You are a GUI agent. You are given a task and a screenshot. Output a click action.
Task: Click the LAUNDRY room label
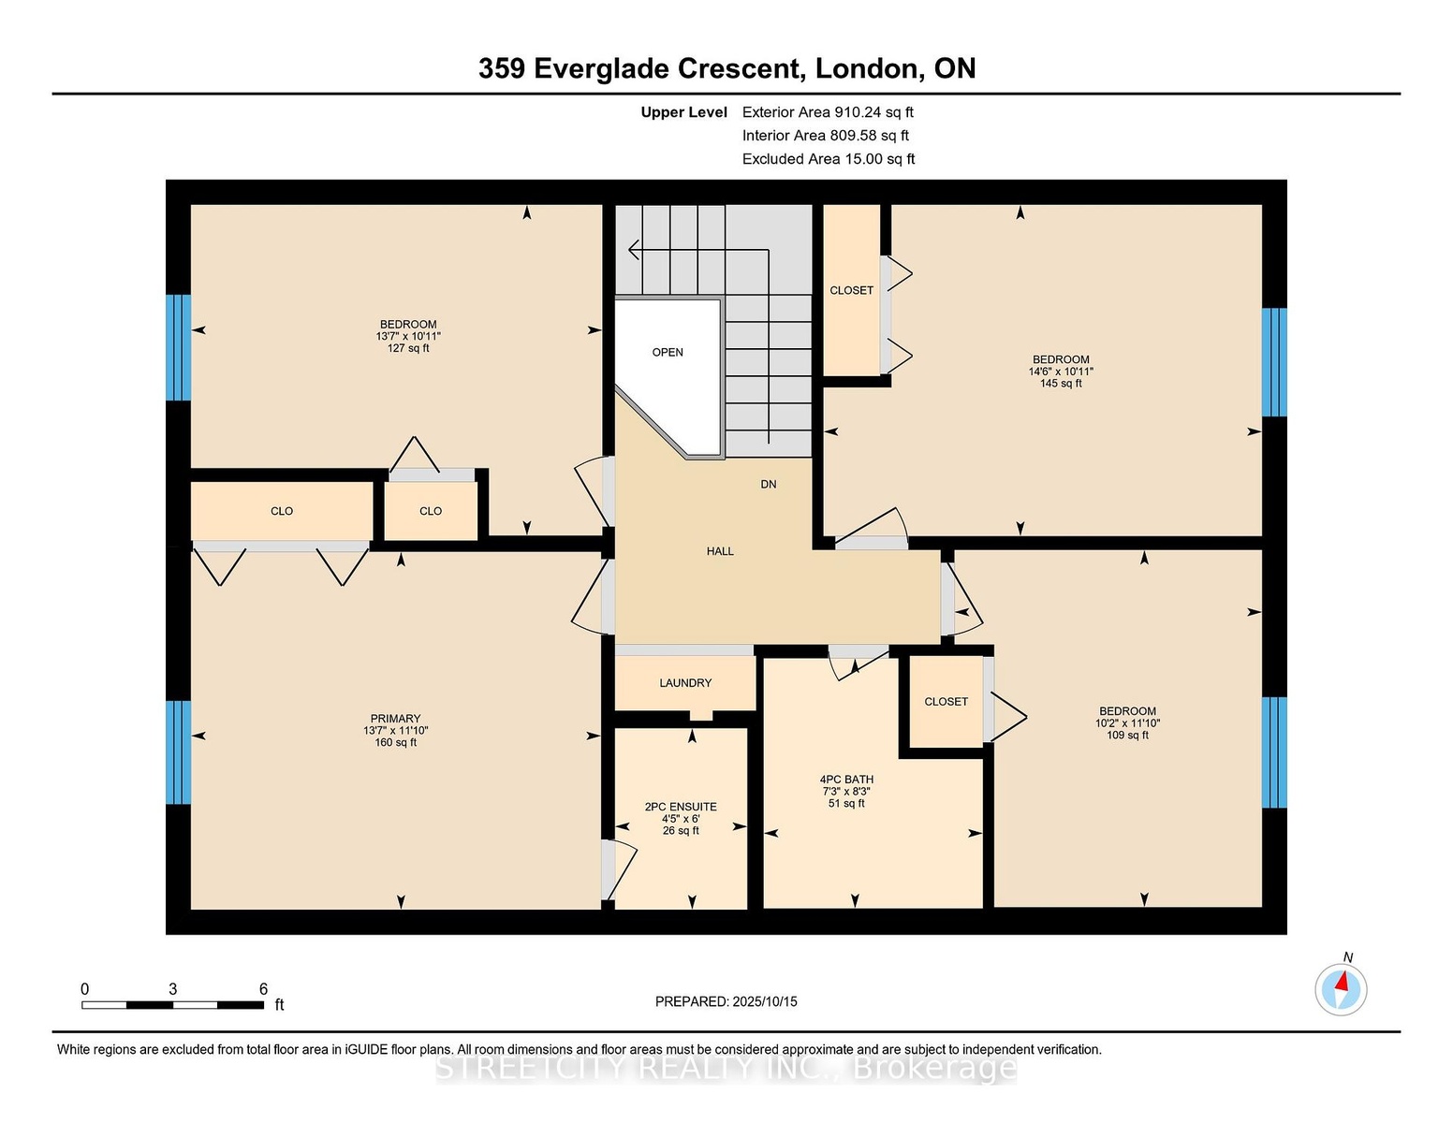point(684,683)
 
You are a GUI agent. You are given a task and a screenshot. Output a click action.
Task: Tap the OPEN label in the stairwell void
point(668,352)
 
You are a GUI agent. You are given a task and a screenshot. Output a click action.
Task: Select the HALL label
point(720,551)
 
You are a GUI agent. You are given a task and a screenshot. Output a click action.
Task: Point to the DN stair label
point(769,485)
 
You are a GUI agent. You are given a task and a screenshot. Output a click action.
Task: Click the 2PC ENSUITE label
point(681,807)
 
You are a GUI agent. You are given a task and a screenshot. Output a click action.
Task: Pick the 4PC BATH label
point(846,779)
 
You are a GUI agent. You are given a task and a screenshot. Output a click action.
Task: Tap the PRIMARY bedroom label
point(395,719)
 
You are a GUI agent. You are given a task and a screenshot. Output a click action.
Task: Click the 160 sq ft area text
point(396,742)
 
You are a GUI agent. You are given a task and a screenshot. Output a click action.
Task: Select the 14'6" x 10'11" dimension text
point(1061,372)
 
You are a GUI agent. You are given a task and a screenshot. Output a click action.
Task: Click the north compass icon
point(1341,989)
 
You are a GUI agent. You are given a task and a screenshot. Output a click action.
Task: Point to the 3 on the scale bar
point(172,989)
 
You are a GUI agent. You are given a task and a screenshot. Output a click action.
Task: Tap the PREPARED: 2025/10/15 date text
point(726,1001)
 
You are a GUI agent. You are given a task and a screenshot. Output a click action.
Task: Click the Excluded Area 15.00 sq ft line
point(829,159)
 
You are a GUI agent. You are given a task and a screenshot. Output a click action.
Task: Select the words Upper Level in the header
point(684,112)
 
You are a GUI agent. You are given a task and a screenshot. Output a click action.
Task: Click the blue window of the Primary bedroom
point(179,752)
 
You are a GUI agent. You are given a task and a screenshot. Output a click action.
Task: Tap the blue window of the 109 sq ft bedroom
point(1274,752)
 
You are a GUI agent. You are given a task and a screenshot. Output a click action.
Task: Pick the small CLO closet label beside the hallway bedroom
point(431,511)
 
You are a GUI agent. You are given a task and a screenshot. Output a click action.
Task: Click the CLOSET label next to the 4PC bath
point(947,702)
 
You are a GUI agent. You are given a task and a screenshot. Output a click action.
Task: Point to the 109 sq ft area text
point(1127,735)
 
